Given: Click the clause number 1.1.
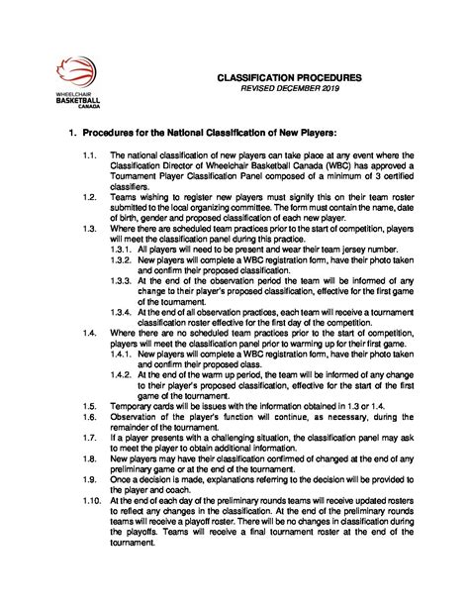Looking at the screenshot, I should coord(90,155).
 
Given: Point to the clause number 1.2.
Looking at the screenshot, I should coord(90,197).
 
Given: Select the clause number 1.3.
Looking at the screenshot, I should coord(90,228).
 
